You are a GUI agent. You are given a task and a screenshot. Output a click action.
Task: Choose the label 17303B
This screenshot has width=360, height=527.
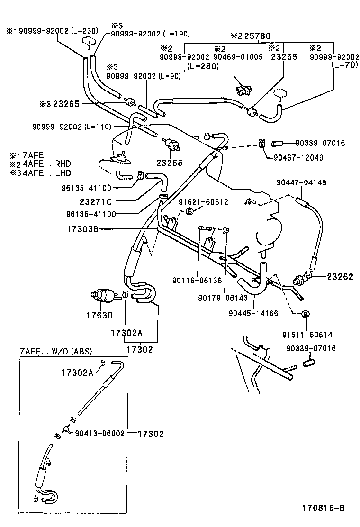pyautogui.click(x=82, y=229)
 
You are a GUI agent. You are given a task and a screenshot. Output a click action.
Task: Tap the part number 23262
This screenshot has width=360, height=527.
pyautogui.click(x=340, y=277)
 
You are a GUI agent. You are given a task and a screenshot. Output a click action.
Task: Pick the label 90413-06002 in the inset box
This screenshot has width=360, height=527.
pyautogui.click(x=99, y=433)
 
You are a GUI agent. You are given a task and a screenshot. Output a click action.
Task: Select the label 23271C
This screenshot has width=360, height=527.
pyautogui.click(x=96, y=201)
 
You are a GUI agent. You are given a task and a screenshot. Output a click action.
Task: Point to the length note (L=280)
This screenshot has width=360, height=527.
pyautogui.click(x=203, y=66)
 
